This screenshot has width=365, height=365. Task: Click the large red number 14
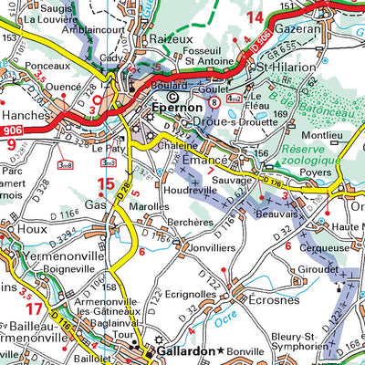point(255,17)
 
